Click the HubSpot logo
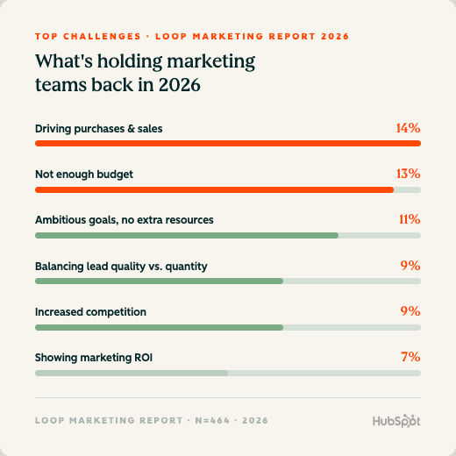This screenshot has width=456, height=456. (x=396, y=421)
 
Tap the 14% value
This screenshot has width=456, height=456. (x=408, y=128)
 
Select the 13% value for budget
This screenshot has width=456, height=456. (x=408, y=174)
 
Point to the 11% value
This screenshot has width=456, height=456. (x=410, y=219)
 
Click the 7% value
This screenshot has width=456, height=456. (x=410, y=357)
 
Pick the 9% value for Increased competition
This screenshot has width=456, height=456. (x=410, y=311)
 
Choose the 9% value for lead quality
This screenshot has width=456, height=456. (x=410, y=266)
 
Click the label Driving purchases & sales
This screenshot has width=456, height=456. (x=99, y=129)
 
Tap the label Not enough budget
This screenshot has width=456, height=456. (x=84, y=175)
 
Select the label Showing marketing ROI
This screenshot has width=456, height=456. (x=94, y=358)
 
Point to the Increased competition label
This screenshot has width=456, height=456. (x=90, y=312)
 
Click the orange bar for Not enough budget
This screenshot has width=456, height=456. (x=214, y=190)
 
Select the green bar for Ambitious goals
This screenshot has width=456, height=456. (x=187, y=236)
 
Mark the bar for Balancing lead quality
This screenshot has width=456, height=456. (x=159, y=281)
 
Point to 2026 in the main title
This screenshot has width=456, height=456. (x=180, y=85)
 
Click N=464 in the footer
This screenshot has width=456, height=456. (x=212, y=420)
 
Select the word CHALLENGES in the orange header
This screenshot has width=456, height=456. (x=103, y=37)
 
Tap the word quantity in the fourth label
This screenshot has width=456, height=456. (x=186, y=267)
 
